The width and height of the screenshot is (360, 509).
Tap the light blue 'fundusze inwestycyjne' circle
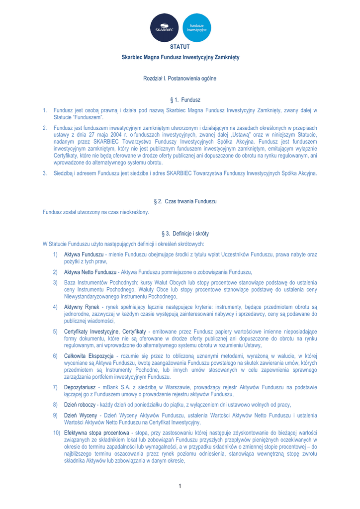point(197,28)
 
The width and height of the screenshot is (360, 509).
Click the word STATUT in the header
point(180,47)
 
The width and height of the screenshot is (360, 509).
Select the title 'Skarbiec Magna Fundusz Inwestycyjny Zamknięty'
point(180,58)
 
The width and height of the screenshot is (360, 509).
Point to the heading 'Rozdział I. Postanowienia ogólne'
point(180,79)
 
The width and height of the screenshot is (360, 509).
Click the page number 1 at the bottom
point(180,486)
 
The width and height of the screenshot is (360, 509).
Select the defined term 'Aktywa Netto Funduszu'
point(90,272)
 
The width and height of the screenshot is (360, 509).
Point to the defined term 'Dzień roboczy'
point(80,405)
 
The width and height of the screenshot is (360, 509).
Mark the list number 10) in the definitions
point(58,433)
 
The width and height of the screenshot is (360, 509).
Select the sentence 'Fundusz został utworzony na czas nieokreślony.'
point(96,212)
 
